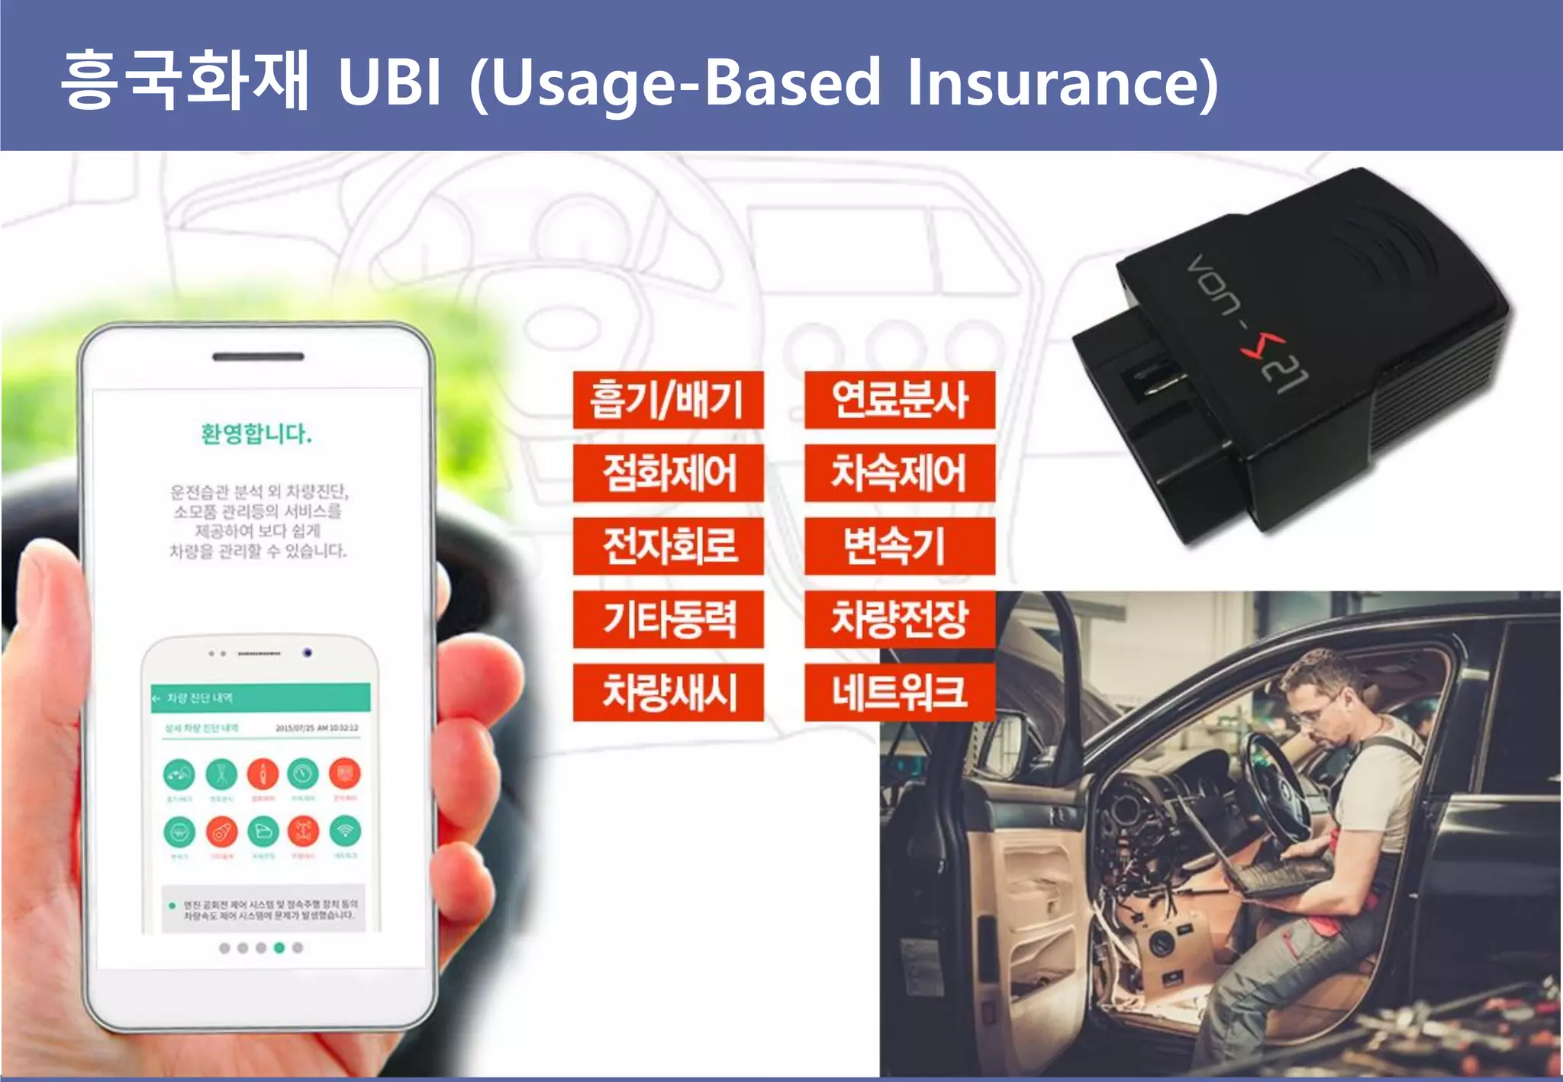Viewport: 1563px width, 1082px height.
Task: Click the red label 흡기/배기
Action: (668, 399)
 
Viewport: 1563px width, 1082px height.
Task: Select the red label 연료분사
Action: (900, 399)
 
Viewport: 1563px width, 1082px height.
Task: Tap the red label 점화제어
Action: (668, 472)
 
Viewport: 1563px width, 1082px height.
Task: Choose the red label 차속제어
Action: (900, 472)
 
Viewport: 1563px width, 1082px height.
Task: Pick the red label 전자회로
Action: (668, 546)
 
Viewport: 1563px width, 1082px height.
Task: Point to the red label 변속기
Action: (900, 546)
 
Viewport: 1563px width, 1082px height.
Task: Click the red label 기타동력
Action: (668, 619)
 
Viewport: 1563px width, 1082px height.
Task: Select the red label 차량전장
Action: (900, 619)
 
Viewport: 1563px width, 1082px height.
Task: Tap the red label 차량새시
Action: (668, 692)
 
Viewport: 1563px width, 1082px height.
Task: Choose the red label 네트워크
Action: (900, 692)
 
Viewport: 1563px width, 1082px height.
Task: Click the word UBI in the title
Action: (389, 82)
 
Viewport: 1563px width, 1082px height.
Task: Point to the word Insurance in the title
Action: (1061, 82)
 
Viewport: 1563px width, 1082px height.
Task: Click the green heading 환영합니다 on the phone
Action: (256, 433)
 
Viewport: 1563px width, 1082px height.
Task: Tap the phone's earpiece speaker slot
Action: (258, 356)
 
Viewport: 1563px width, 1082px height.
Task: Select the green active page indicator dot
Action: (279, 948)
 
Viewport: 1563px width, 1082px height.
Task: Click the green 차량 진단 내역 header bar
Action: (260, 697)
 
